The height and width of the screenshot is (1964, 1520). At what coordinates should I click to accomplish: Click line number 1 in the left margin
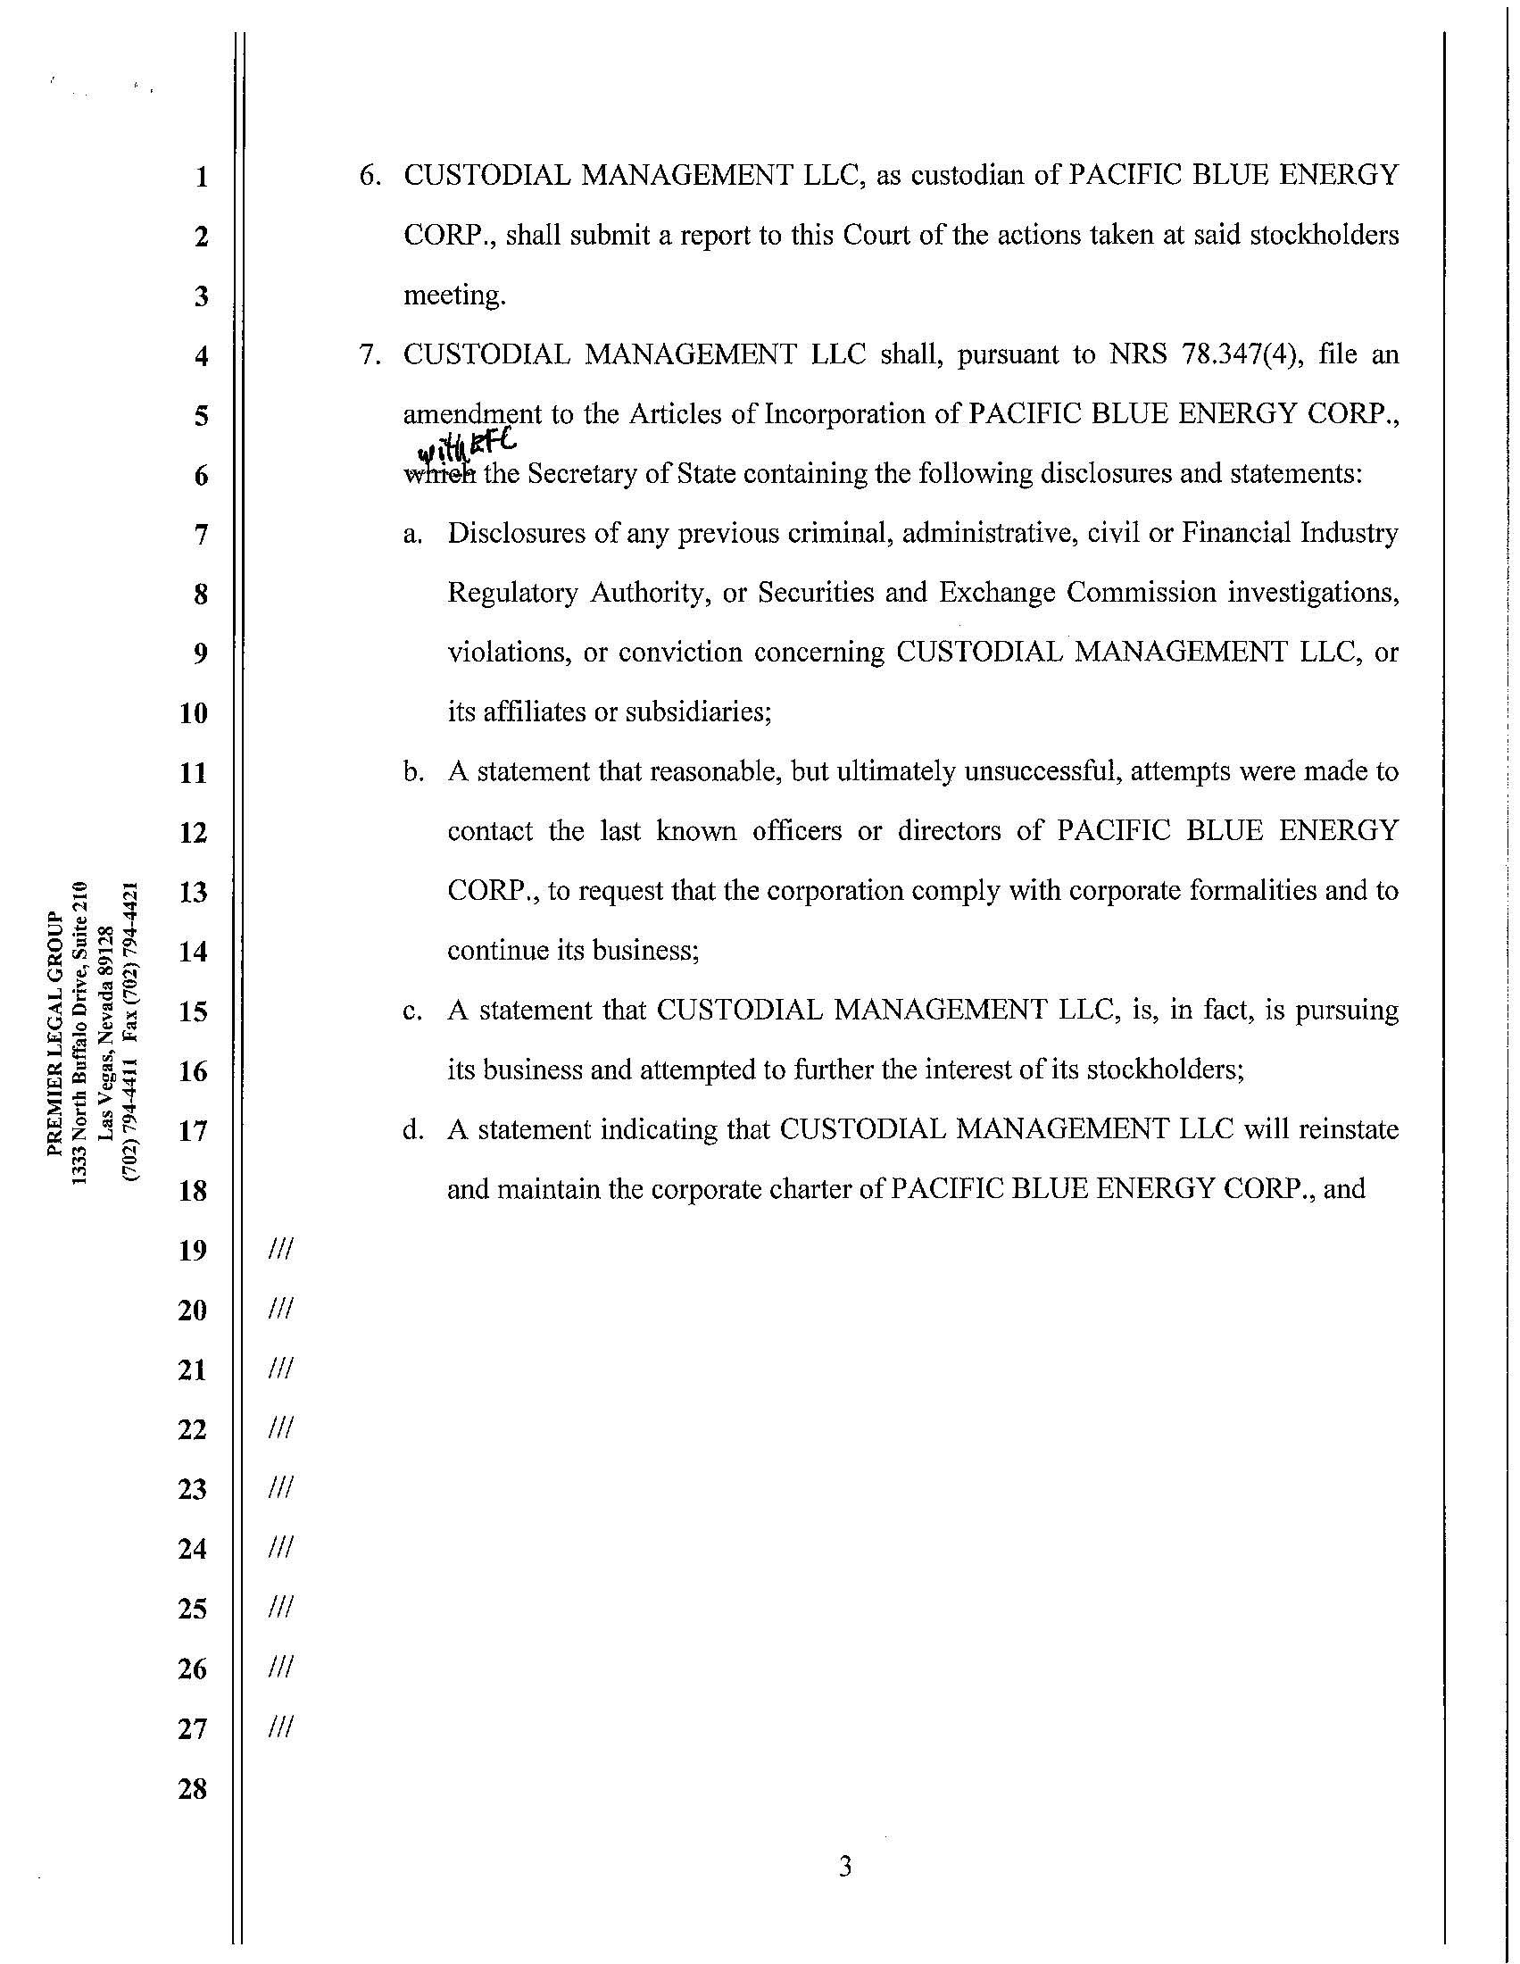coord(201,176)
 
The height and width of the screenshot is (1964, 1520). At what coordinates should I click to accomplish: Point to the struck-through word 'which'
coord(439,474)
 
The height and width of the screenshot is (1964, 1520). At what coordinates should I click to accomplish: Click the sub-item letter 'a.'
coord(413,534)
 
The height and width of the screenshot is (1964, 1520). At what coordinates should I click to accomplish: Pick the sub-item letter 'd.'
coord(413,1130)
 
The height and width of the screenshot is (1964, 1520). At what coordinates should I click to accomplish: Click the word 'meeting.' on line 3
coord(455,295)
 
